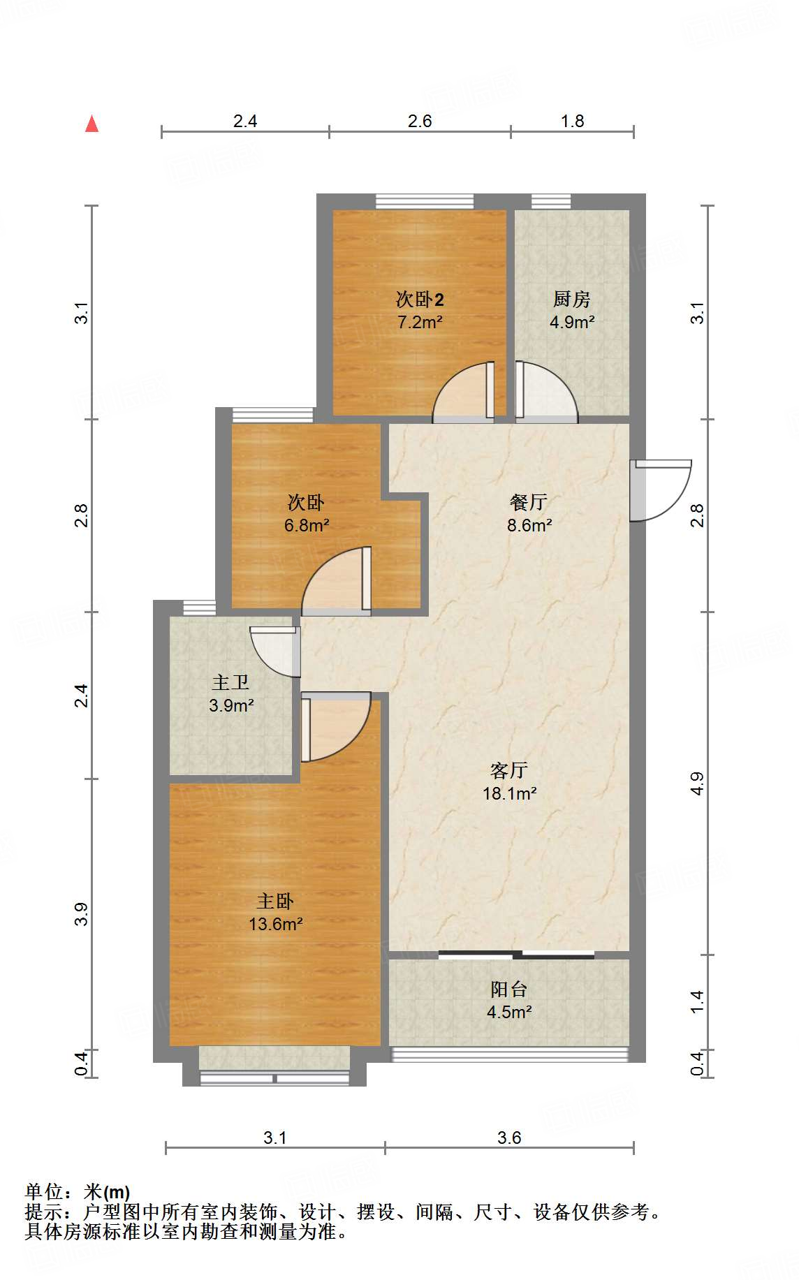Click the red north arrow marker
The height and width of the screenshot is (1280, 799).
[91, 124]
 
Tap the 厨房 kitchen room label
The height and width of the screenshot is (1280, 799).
[572, 300]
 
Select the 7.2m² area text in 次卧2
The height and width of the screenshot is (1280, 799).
[420, 322]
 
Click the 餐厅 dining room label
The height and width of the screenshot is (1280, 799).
[529, 502]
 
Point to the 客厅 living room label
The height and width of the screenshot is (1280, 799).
[509, 770]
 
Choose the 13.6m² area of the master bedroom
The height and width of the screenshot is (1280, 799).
[275, 924]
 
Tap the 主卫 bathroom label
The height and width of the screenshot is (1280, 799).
[230, 682]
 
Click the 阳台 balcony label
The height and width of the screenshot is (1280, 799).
[509, 990]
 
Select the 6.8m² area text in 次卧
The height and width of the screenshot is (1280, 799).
[307, 525]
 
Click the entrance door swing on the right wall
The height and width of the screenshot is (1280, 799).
[661, 490]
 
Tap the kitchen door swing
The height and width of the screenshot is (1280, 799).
[547, 392]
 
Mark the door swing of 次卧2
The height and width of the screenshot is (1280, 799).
[464, 392]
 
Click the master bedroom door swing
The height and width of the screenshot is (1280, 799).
[335, 727]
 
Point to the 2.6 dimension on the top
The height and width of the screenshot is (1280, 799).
[420, 121]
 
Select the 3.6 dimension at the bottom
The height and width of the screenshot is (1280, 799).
[509, 1138]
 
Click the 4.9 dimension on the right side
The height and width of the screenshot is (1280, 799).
[696, 784]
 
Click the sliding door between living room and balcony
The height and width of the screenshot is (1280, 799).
[516, 955]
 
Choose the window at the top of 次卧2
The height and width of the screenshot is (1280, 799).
[425, 202]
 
